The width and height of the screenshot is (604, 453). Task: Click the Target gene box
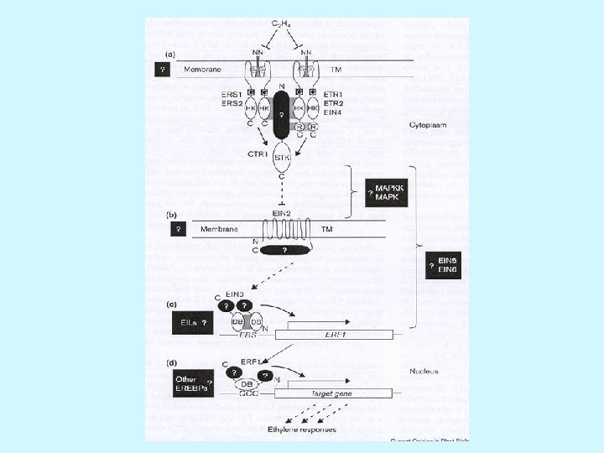pos(340,392)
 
